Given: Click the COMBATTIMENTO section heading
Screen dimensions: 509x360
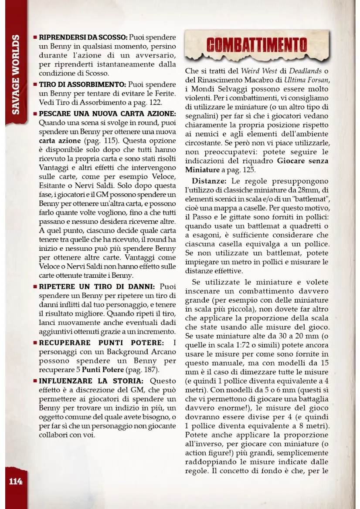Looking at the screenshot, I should pos(256,45).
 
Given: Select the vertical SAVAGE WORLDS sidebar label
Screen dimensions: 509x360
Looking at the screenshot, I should pos(15,74).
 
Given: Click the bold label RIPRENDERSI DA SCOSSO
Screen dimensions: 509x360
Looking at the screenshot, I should pos(83,37).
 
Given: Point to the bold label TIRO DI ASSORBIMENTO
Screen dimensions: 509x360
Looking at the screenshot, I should pos(82,84).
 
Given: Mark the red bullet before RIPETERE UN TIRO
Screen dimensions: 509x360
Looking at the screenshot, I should pos(35,287).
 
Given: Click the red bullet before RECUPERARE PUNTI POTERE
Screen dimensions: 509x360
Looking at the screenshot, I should pos(35,343).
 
